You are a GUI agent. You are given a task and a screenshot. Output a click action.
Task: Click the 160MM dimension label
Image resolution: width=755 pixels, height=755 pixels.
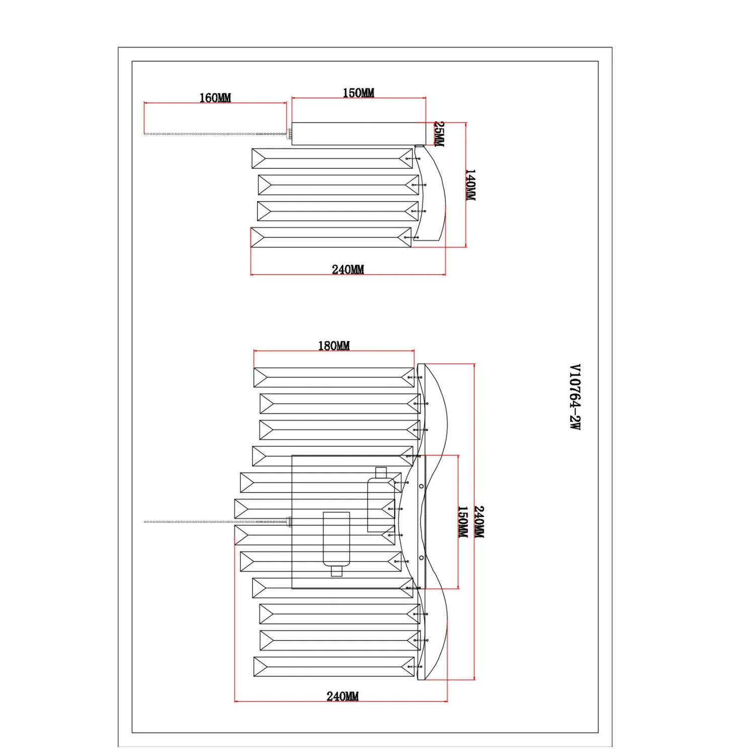215,98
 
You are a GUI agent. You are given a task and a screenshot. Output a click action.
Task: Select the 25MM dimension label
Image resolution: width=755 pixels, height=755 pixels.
439,134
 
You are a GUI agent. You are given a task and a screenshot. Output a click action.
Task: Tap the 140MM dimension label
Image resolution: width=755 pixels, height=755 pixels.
470,185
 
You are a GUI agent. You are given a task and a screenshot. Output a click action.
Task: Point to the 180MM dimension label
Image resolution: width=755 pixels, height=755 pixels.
334,346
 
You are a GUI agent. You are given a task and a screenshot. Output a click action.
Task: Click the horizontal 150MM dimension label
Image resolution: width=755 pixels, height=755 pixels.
358,93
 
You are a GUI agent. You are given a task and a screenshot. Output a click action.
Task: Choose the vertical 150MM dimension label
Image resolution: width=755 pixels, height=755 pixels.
463,521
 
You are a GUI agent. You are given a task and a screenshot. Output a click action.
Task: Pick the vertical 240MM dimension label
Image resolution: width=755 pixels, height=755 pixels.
479,522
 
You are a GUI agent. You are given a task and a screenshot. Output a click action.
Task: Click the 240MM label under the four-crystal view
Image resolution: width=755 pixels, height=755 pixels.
348,269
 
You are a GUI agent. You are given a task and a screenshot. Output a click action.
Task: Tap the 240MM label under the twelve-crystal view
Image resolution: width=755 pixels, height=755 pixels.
343,696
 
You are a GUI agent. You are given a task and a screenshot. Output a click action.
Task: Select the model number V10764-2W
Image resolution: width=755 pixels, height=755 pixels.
575,397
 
